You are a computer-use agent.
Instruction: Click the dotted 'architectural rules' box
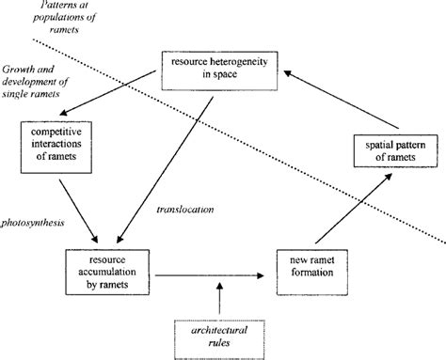click(x=220, y=334)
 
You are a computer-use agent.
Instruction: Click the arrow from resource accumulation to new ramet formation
click(x=208, y=275)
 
